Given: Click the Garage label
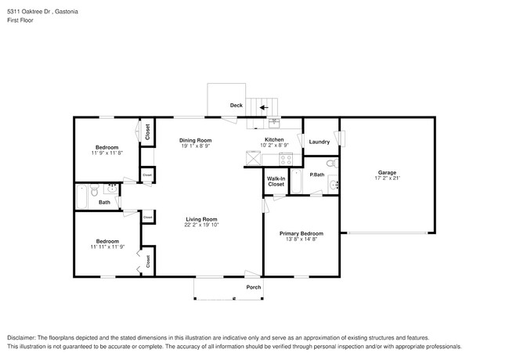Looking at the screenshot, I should (386, 172).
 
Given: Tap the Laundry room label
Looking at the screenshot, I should (319, 142).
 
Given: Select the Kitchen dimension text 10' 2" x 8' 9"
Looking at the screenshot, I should (274, 146).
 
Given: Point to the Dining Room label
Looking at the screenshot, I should (196, 140).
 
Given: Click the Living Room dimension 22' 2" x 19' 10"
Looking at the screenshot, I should (201, 225).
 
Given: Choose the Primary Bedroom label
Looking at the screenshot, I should (301, 233).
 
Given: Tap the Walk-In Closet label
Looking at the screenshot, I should (276, 181).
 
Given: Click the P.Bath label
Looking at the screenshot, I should (317, 174).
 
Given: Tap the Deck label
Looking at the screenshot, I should (236, 106).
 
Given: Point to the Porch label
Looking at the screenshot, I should (254, 286).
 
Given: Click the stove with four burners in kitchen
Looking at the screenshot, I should (286, 159).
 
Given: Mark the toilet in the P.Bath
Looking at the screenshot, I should (330, 164).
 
